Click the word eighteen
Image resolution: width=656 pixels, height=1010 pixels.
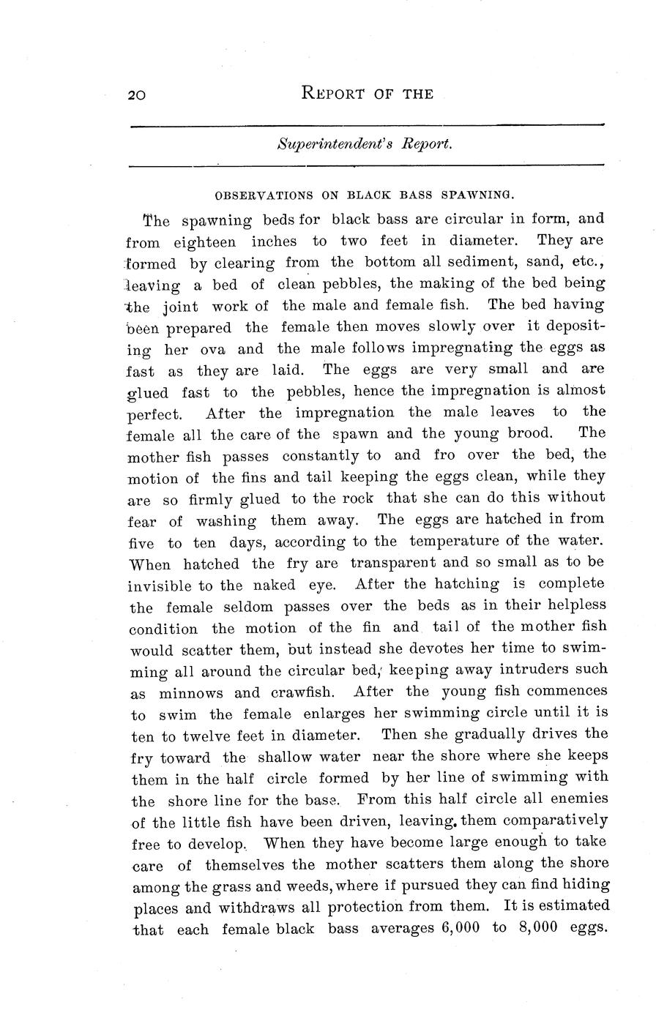tap(205, 242)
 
